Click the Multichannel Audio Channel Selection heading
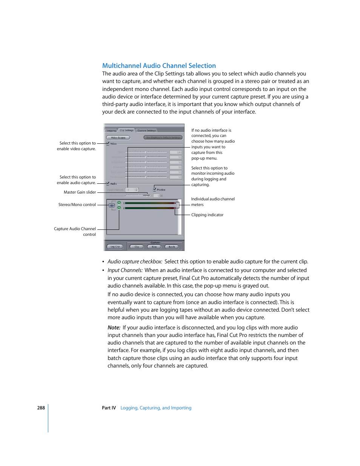[x=159, y=66]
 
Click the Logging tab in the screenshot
[x=111, y=131]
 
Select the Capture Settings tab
[x=146, y=131]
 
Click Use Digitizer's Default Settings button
[x=163, y=138]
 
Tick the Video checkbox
[x=108, y=143]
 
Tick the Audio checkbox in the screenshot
[x=108, y=183]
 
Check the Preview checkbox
[x=154, y=189]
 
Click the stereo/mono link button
[x=112, y=206]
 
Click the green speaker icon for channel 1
[x=119, y=203]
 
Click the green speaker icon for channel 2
[x=119, y=208]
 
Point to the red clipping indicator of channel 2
[x=175, y=208]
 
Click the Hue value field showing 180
[x=175, y=152]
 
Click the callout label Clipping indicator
[x=207, y=215]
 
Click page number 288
[x=41, y=408]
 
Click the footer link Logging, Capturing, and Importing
[x=156, y=408]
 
